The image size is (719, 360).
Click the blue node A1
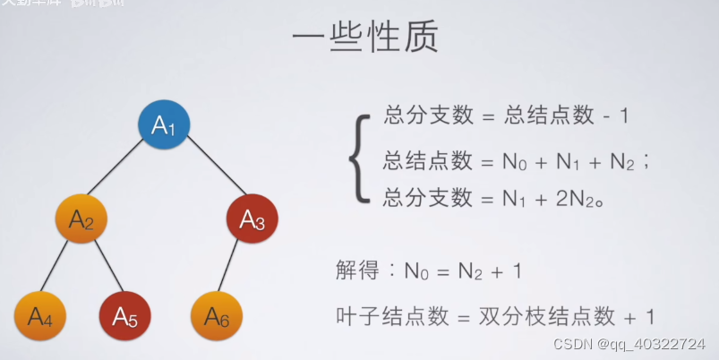(x=165, y=125)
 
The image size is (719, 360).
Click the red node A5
(x=124, y=315)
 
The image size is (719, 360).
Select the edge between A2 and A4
(x=61, y=268)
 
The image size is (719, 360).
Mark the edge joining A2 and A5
(x=103, y=268)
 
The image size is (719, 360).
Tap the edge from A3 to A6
(x=235, y=268)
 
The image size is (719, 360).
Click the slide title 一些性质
(x=364, y=42)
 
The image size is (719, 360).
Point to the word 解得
(x=358, y=270)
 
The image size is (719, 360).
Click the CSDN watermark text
(x=629, y=345)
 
